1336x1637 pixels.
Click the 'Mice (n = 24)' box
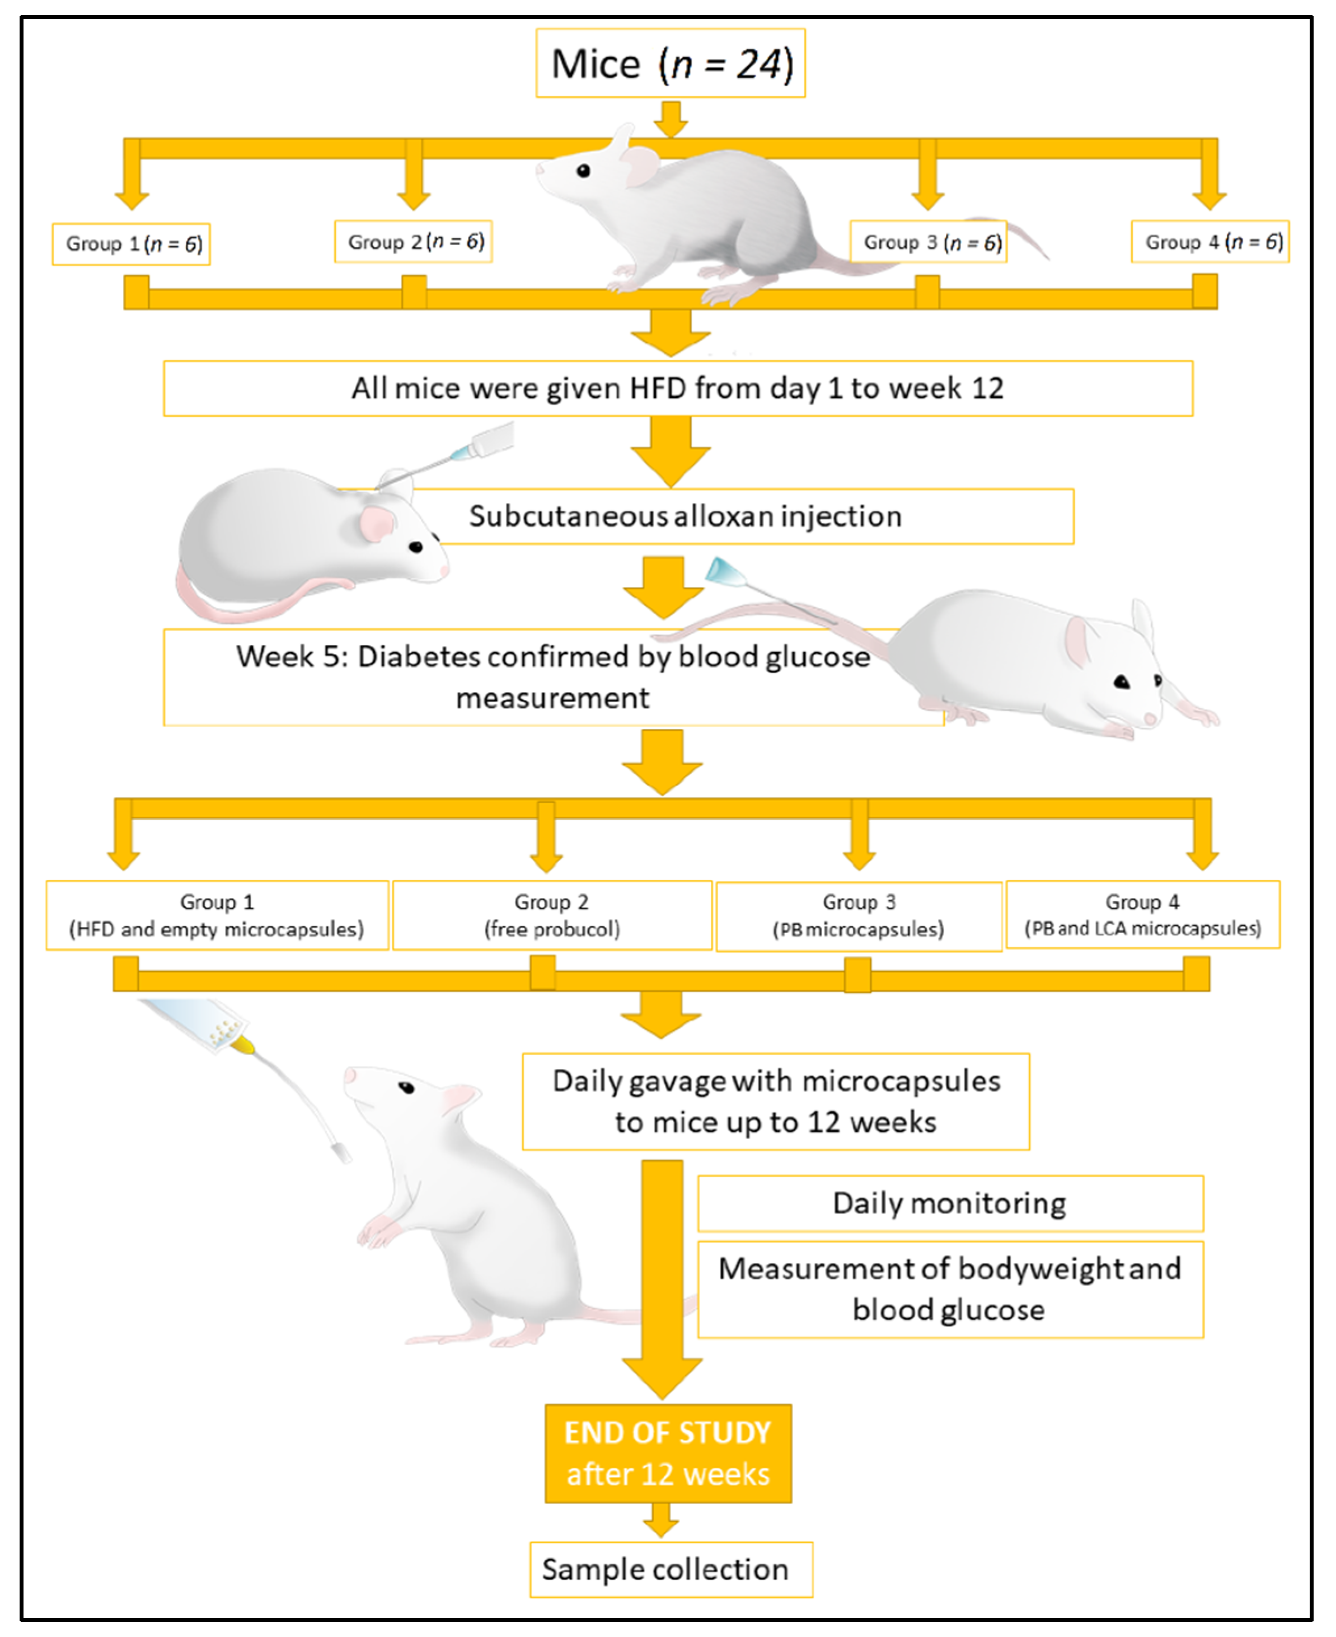pos(671,63)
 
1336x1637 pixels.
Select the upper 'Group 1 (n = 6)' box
pos(132,244)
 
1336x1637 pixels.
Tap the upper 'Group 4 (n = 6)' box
pos(1210,242)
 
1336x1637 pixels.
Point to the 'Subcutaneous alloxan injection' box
pos(685,516)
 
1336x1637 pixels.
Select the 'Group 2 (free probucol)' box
pos(552,915)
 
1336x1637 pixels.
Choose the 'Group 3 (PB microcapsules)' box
pos(859,915)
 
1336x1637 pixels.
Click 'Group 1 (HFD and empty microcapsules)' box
pos(217,915)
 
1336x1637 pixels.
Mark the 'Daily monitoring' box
pos(950,1202)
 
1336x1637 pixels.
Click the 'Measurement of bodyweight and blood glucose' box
pos(950,1288)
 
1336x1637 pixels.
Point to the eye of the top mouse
pos(583,171)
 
